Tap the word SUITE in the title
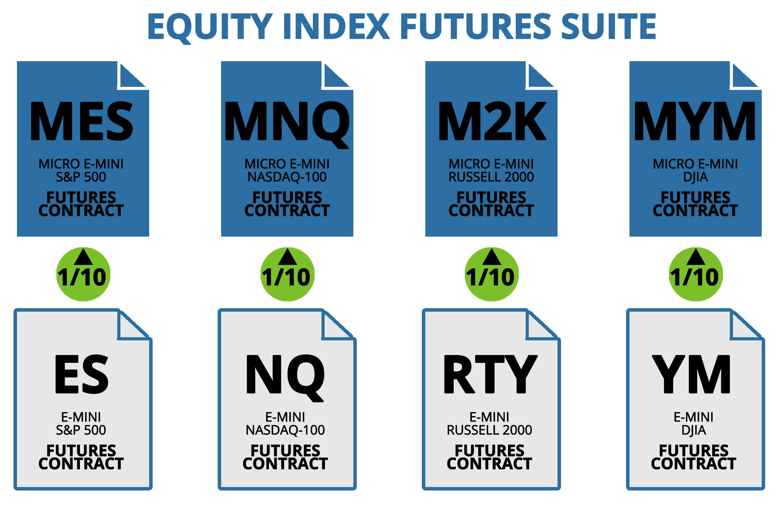coord(608,26)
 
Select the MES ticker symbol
coord(82,121)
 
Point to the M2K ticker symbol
coord(492,121)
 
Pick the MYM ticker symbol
coord(695,121)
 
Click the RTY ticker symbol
coord(490,374)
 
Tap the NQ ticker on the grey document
coord(286,377)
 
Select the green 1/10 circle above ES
coord(83,274)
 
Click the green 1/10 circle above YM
coord(696,274)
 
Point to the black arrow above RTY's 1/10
coord(492,257)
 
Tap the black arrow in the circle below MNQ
coord(288,257)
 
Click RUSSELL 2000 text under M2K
coord(491,177)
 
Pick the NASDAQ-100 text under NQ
coord(286,430)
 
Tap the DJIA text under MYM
coord(696,177)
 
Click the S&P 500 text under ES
coord(81,430)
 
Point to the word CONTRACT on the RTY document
coord(489,464)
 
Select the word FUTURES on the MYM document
coord(696,198)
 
